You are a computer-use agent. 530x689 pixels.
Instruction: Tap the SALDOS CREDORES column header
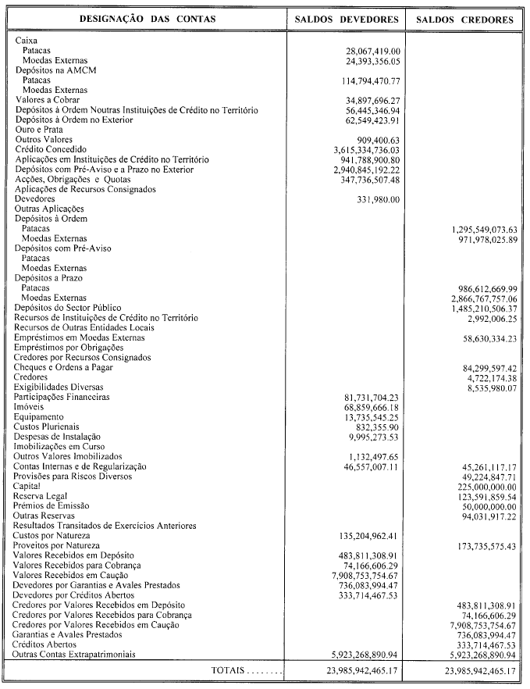coord(465,19)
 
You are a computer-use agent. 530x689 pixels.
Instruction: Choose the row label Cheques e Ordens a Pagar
coord(64,368)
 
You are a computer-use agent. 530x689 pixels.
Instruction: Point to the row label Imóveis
coord(30,407)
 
